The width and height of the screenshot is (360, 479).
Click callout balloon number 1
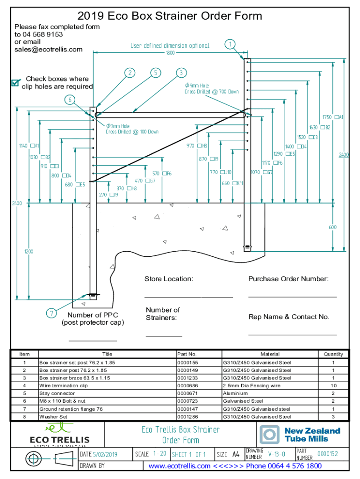[229, 45]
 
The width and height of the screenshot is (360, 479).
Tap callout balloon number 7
[51, 313]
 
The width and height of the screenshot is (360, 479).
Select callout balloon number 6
[69, 100]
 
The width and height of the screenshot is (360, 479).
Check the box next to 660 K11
[234, 183]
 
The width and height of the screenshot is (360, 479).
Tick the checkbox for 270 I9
[112, 195]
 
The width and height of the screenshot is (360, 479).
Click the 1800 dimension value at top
[170, 53]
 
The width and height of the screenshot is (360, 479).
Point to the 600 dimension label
[332, 227]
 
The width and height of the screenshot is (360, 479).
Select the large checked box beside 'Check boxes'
[15, 83]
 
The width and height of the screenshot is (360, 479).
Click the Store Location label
[168, 279]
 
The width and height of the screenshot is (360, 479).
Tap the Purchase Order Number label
[288, 279]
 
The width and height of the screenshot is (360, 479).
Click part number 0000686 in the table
[187, 386]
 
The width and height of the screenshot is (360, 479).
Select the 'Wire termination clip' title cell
[64, 386]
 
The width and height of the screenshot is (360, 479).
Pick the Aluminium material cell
[235, 393]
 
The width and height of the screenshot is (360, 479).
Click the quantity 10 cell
[333, 386]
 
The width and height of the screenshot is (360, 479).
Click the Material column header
[270, 354]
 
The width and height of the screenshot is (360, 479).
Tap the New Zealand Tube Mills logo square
[270, 435]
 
